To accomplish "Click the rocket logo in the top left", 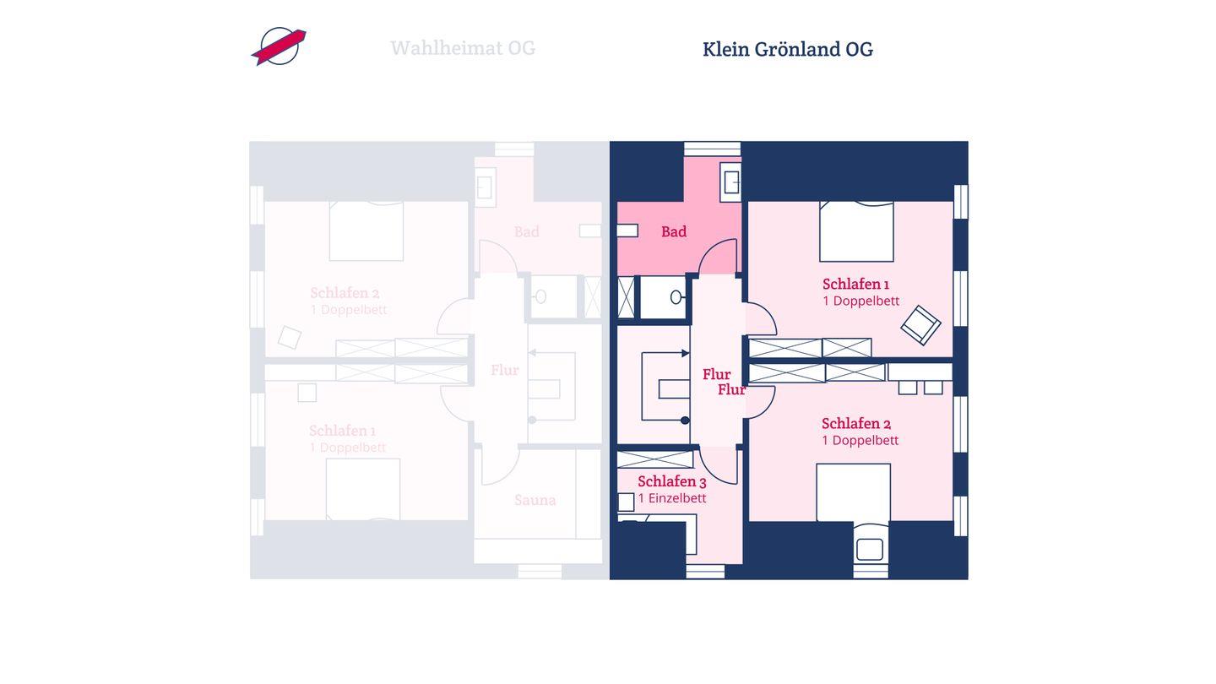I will coord(279,46).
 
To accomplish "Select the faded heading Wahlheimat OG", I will coord(463,48).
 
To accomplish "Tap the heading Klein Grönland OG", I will coord(787,49).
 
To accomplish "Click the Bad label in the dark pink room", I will coord(674,231).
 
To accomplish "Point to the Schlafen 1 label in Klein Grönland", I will coord(855,284).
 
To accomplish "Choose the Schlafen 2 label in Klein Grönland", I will coord(856,423).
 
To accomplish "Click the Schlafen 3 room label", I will coord(672,481).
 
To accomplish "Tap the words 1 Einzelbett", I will coord(672,498).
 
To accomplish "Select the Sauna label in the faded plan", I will coord(535,500).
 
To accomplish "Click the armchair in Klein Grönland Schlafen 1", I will coord(920,324).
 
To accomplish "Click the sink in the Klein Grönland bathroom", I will coord(731,182).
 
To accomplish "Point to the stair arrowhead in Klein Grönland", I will coord(685,354).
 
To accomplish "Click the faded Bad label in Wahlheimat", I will coord(527,231).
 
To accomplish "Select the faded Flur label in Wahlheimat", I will coord(505,370).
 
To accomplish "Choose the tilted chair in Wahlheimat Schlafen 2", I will coord(290,337).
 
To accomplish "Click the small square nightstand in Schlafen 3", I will coord(626,502).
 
